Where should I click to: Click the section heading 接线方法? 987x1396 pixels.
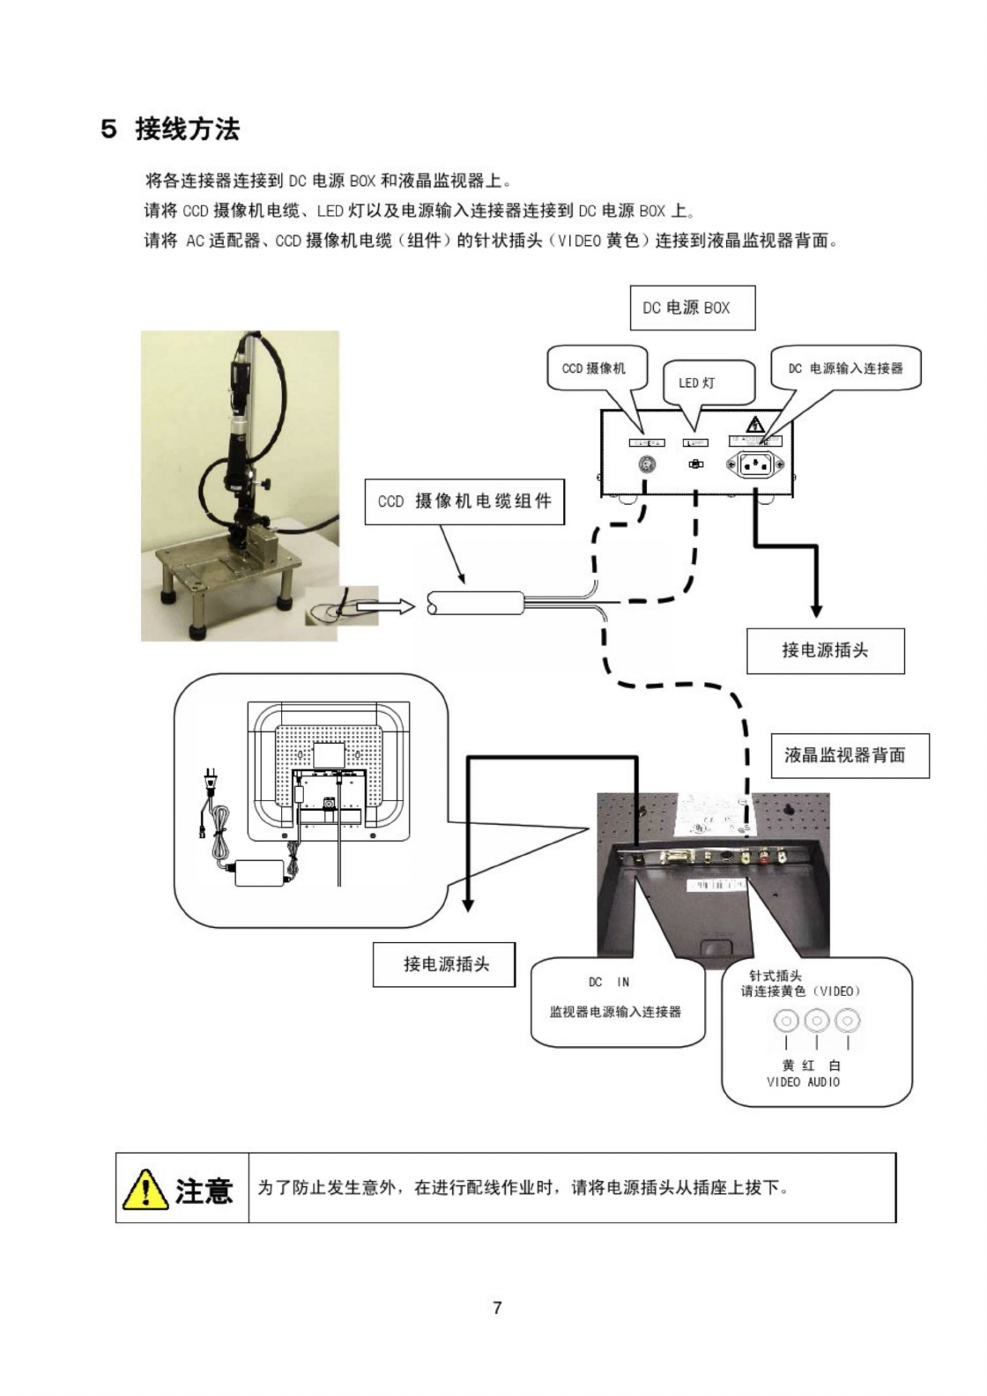(x=187, y=130)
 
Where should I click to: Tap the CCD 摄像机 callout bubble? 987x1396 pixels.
(x=594, y=368)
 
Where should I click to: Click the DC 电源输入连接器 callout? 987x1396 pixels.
(x=845, y=368)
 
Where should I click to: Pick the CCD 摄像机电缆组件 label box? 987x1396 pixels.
(x=464, y=501)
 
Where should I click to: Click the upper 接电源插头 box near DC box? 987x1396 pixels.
(x=825, y=650)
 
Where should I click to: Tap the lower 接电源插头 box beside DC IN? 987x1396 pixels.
(x=446, y=964)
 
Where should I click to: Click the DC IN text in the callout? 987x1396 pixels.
(x=609, y=982)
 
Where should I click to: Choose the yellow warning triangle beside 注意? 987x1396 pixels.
(x=145, y=1190)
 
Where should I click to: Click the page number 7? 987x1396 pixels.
(x=497, y=1308)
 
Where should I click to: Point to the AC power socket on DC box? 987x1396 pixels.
(x=749, y=464)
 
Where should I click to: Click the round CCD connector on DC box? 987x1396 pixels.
(x=647, y=464)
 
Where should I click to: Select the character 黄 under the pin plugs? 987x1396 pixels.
(x=788, y=1066)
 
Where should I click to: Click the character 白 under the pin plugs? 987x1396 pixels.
(x=835, y=1066)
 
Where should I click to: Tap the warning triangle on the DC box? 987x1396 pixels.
(x=754, y=426)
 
